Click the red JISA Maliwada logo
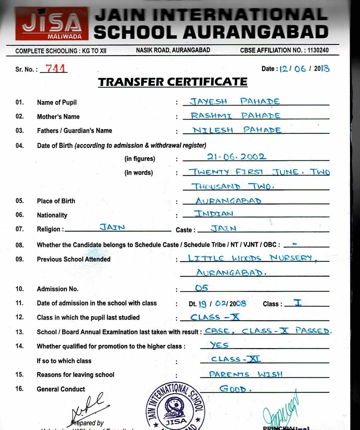click(x=52, y=24)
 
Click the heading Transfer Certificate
click(x=173, y=82)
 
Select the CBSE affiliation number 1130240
click(x=318, y=50)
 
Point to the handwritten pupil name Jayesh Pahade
click(x=235, y=101)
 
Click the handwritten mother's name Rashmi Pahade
click(x=235, y=116)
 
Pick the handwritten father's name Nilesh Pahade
click(x=237, y=130)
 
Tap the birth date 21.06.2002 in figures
click(x=236, y=157)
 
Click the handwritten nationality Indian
click(x=214, y=214)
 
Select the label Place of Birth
click(x=56, y=201)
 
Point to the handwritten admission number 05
click(x=201, y=288)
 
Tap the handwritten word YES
click(x=219, y=345)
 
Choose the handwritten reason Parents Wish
click(x=246, y=374)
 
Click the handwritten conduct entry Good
click(x=235, y=389)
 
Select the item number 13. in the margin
click(x=20, y=332)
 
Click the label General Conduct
click(x=61, y=389)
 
